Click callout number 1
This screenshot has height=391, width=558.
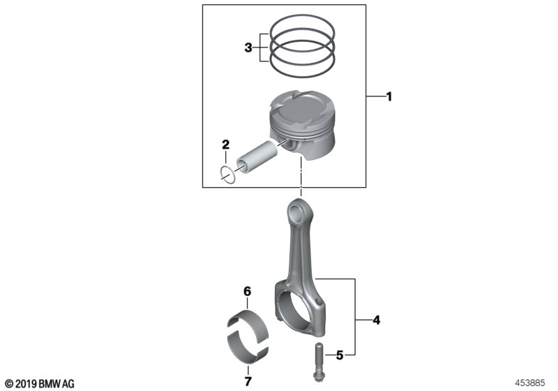coord(389,97)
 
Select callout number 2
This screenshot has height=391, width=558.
coord(225,145)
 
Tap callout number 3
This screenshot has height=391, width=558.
coord(248,48)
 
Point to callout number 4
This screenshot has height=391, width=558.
coord(376,321)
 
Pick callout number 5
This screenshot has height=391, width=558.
coord(340,355)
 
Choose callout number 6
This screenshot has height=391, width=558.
coord(247,290)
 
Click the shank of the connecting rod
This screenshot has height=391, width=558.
coord(301,251)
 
